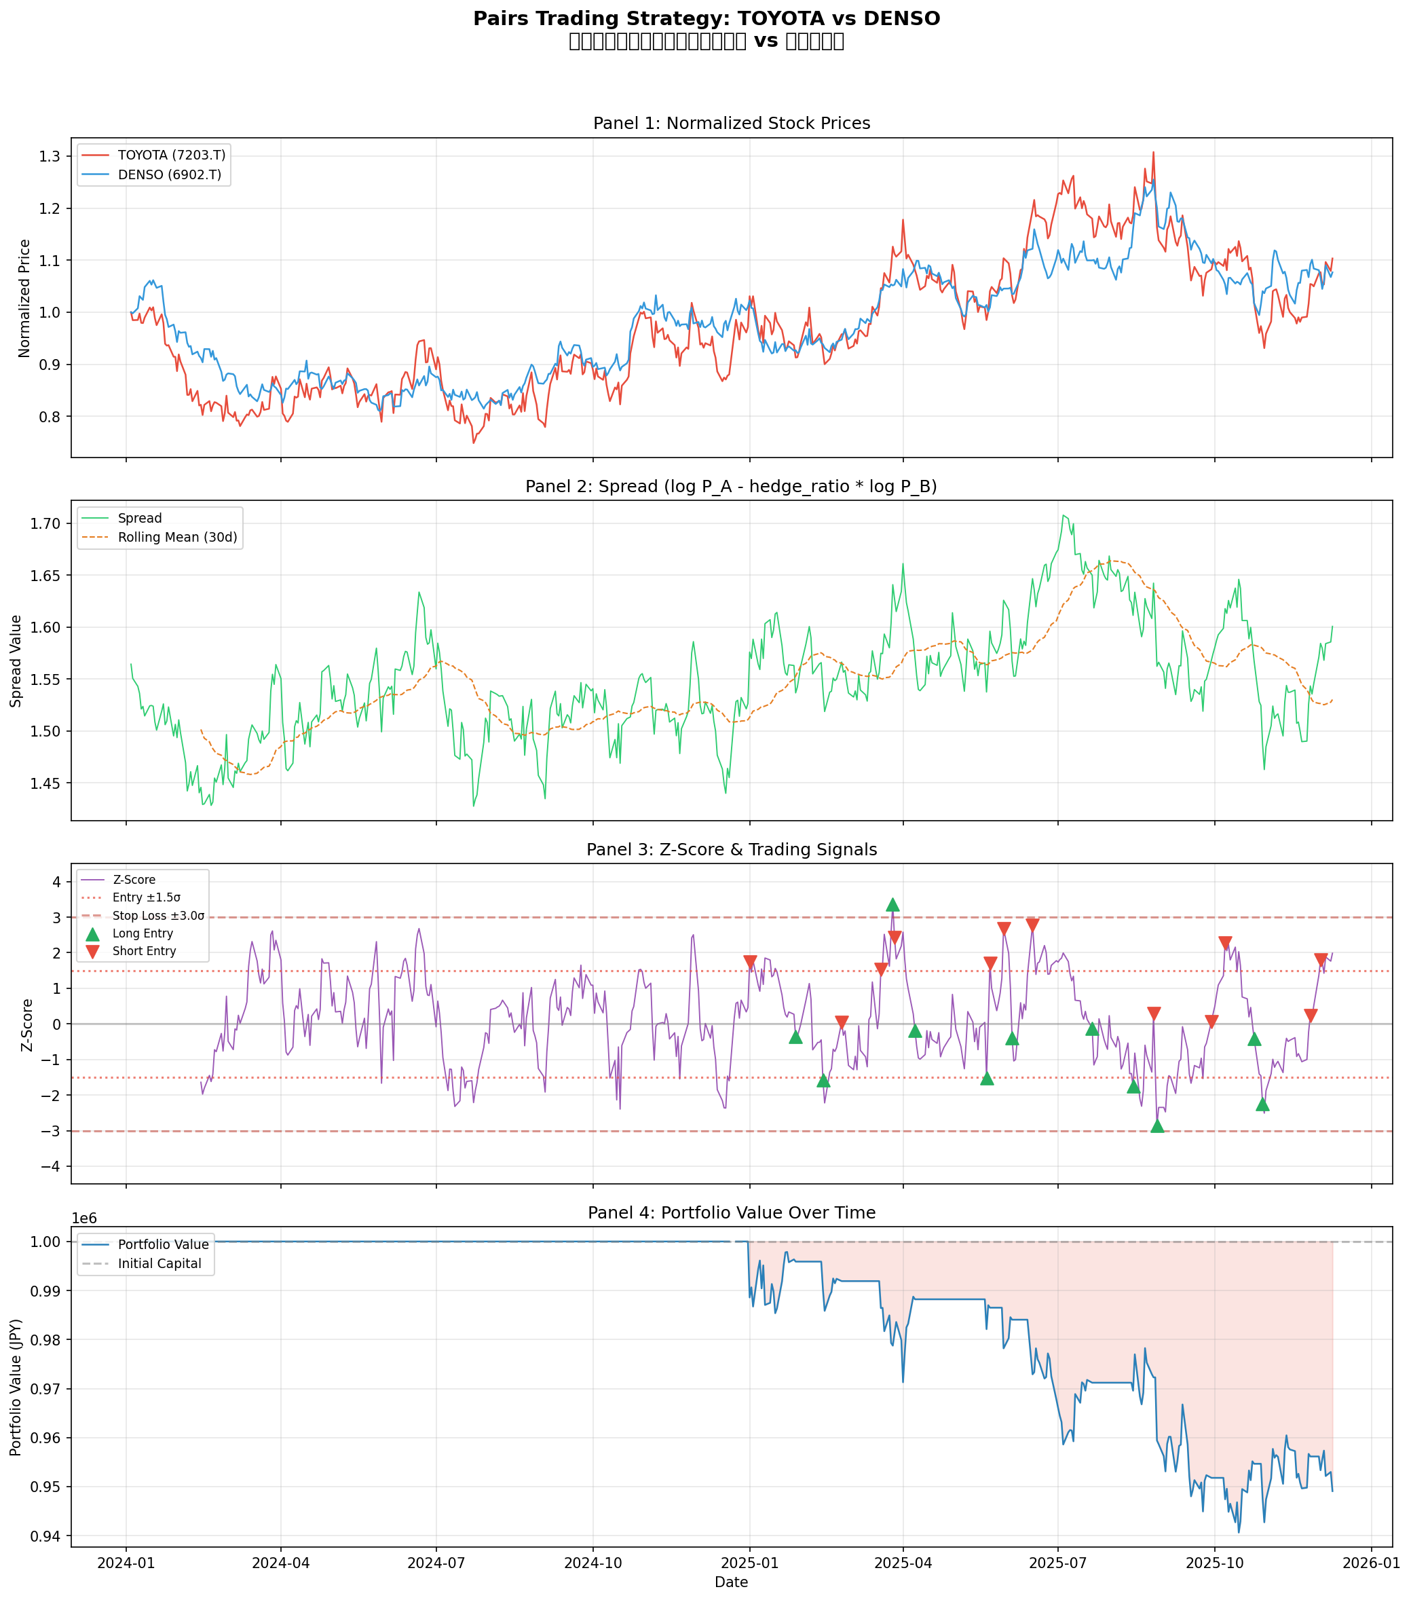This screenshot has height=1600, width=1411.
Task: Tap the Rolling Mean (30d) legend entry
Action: coord(177,537)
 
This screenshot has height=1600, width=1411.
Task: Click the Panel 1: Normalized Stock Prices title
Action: coord(731,123)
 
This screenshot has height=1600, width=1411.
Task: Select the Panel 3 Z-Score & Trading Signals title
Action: coord(731,849)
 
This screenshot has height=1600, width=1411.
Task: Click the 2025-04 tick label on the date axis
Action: coord(903,1563)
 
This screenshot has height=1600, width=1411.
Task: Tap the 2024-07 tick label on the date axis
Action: coord(435,1563)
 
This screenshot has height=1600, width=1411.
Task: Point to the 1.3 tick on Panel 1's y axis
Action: coord(50,157)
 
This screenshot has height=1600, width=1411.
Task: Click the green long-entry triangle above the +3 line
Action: coord(892,905)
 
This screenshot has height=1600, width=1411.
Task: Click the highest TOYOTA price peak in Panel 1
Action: coord(1152,153)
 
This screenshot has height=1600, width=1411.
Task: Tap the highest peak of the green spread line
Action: coord(1063,515)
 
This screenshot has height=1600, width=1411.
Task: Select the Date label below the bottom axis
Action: coord(731,1582)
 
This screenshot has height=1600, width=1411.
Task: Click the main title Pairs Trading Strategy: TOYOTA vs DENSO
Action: coord(706,19)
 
